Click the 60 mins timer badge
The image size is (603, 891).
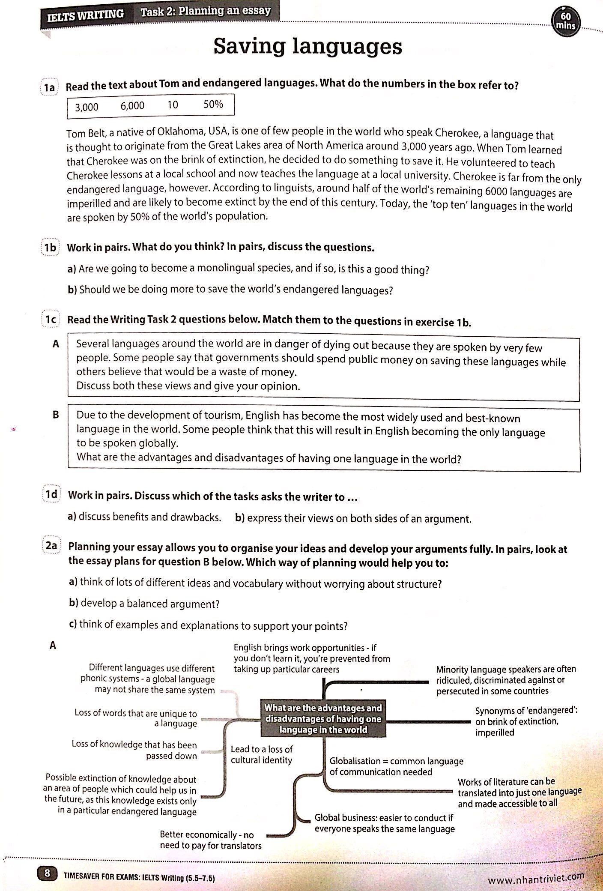(x=567, y=20)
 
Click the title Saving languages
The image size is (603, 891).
(x=307, y=46)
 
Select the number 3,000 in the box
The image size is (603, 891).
(x=87, y=107)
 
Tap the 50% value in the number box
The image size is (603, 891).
(x=213, y=104)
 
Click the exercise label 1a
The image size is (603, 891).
(x=50, y=87)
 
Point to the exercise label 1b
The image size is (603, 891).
(x=51, y=248)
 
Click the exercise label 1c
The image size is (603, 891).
(x=51, y=320)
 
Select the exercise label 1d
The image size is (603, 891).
(x=51, y=494)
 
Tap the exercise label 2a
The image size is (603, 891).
(x=51, y=546)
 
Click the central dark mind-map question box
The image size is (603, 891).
(x=323, y=719)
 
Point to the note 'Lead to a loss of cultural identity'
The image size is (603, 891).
(x=261, y=754)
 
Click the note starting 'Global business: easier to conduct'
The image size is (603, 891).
(x=384, y=823)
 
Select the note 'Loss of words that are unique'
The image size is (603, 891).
(x=135, y=718)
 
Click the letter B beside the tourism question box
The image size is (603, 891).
(x=55, y=415)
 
